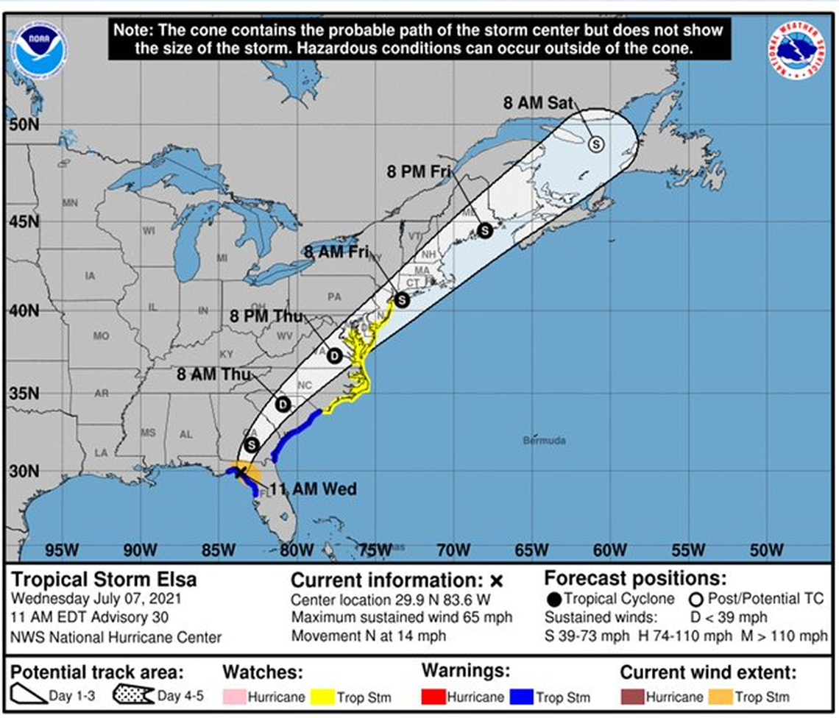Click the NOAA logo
point(39,51)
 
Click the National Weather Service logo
point(796,51)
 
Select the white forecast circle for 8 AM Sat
point(595,144)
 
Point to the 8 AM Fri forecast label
point(336,252)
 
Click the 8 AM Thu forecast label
point(214,374)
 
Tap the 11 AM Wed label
point(312,489)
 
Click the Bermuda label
point(545,441)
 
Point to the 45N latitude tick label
point(24,221)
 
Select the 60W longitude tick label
point(609,550)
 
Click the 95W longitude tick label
point(62,550)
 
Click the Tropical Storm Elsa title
point(104,580)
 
